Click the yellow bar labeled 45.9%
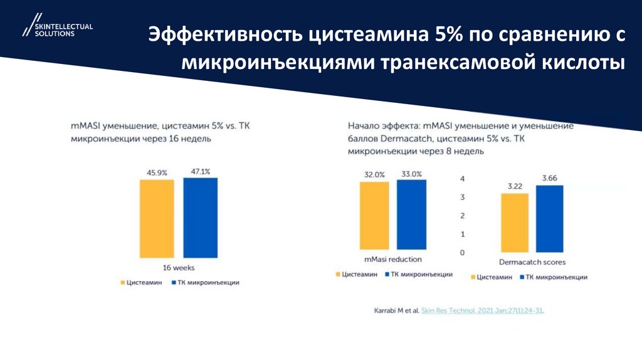pyautogui.click(x=157, y=218)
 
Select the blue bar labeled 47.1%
pyautogui.click(x=200, y=217)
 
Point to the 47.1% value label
pyautogui.click(x=200, y=171)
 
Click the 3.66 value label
pyautogui.click(x=550, y=178)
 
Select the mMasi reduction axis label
pyautogui.click(x=393, y=259)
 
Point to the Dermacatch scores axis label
pyautogui.click(x=532, y=262)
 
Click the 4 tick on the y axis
pyautogui.click(x=462, y=179)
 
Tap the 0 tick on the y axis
pyautogui.click(x=462, y=252)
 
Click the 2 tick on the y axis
pyautogui.click(x=462, y=216)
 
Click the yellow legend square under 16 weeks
pyautogui.click(x=123, y=283)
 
